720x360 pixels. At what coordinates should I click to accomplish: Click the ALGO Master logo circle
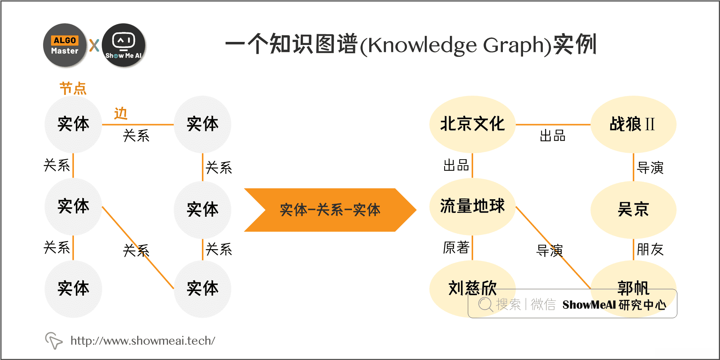(x=65, y=45)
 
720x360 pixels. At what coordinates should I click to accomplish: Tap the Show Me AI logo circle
(x=123, y=45)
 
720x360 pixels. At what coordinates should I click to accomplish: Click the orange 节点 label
(x=73, y=88)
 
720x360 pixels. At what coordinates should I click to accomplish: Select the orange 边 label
(x=120, y=114)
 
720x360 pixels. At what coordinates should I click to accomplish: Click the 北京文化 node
(x=472, y=124)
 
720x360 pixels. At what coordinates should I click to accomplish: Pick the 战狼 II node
(x=633, y=124)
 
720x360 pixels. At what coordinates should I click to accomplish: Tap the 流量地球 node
(x=472, y=206)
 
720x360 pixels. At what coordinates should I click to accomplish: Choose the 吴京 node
(x=633, y=210)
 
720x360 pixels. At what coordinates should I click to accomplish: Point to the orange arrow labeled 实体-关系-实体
(x=330, y=210)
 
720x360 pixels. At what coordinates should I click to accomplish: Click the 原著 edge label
(x=456, y=248)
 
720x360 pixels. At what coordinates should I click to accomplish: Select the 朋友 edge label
(x=650, y=250)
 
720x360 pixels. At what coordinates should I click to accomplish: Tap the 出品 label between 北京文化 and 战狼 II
(x=552, y=136)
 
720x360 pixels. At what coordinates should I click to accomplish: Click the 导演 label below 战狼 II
(x=650, y=168)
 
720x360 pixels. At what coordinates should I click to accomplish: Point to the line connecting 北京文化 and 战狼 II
(x=552, y=124)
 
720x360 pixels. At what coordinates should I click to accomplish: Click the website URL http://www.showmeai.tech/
(x=143, y=341)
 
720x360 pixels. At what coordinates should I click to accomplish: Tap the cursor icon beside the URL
(x=53, y=340)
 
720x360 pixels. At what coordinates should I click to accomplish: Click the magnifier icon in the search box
(x=485, y=304)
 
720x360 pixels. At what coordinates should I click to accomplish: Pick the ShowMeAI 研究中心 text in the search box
(x=614, y=305)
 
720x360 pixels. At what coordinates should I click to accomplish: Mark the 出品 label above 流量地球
(x=456, y=165)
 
